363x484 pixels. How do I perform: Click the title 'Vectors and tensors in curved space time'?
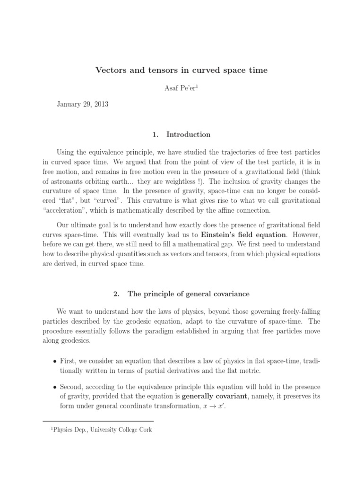181,70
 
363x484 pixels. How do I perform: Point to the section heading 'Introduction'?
188,135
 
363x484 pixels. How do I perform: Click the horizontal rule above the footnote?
98,421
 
